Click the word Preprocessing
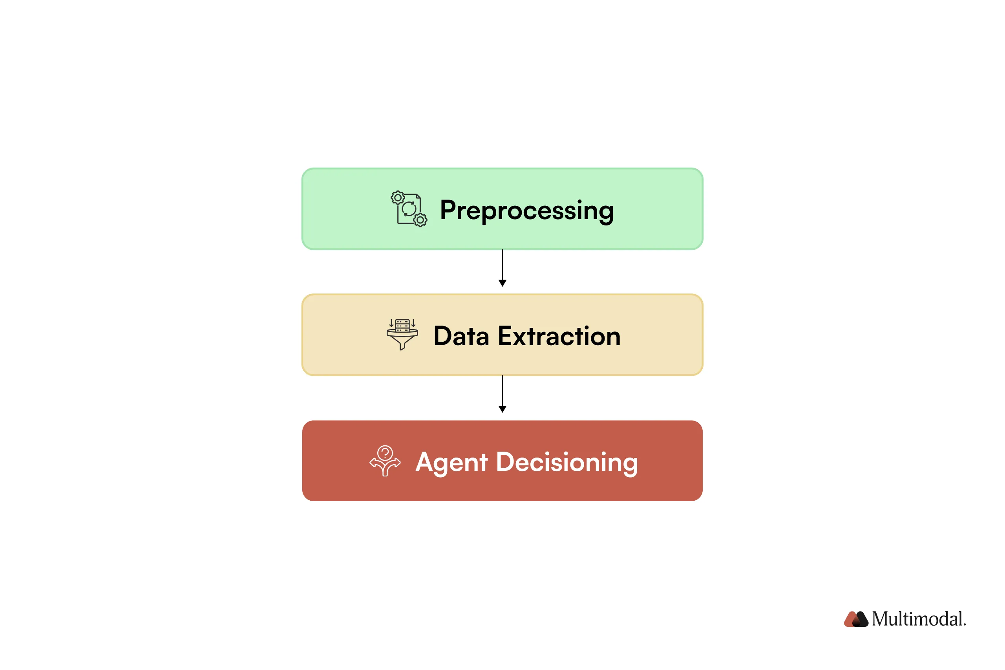point(526,210)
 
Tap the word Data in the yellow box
point(461,336)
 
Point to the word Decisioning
point(566,462)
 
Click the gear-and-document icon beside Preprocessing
point(408,209)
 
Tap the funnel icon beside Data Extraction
point(402,335)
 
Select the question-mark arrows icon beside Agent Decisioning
point(385,461)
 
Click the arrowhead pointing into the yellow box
point(502,283)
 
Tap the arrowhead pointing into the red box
point(502,409)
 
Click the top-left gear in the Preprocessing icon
point(398,198)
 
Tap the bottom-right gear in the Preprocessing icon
point(420,220)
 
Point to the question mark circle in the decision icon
point(385,452)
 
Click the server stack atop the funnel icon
point(402,325)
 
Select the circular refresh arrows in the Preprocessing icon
point(409,209)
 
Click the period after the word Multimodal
point(965,624)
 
